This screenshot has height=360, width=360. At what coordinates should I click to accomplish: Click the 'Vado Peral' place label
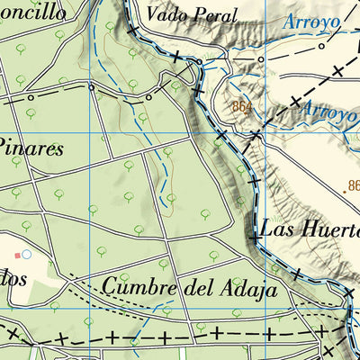click(192, 14)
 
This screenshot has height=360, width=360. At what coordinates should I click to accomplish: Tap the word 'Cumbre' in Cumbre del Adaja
click(139, 288)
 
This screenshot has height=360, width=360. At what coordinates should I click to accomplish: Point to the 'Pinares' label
click(31, 147)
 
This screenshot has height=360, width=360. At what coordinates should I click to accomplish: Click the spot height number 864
click(240, 106)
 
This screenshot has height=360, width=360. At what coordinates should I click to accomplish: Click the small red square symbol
click(15, 255)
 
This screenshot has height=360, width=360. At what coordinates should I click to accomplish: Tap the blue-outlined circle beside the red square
click(26, 255)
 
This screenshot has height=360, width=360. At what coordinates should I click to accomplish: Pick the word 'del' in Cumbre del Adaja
click(195, 288)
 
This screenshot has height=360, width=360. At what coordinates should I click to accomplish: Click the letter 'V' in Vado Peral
click(153, 14)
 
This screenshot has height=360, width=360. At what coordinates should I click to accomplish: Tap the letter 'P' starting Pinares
click(4, 147)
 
